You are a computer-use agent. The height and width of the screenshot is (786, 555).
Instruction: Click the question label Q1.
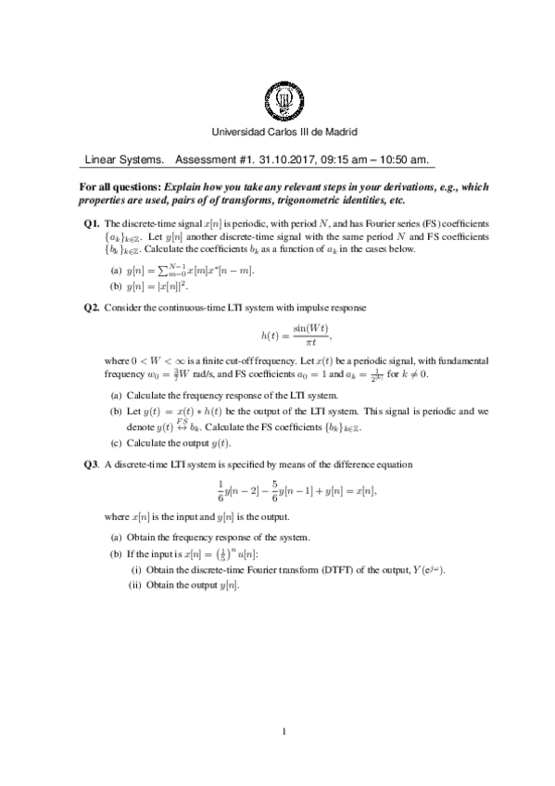(91, 223)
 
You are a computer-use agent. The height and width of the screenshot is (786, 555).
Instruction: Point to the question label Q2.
(91, 306)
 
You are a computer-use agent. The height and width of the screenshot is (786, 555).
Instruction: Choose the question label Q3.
(91, 463)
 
